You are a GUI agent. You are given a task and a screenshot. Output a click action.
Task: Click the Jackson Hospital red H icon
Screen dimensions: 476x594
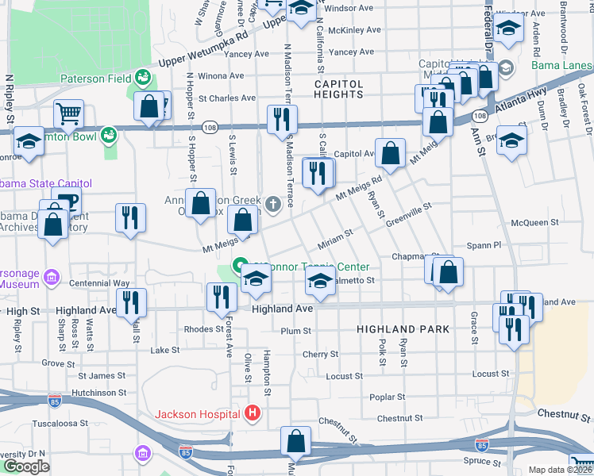tap(253, 413)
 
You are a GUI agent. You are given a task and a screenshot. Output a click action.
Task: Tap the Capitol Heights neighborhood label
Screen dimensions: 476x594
tap(339, 88)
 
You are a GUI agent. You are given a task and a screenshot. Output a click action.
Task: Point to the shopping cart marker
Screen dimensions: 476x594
tap(69, 114)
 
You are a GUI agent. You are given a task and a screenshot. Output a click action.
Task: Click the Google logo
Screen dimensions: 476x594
tap(25, 466)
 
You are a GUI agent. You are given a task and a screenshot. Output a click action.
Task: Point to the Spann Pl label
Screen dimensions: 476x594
tap(484, 245)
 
